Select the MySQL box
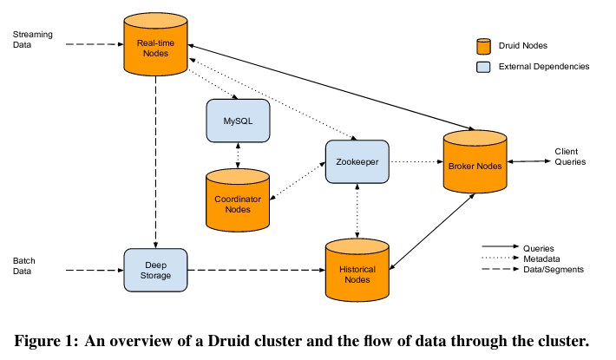238,120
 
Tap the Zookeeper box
356,160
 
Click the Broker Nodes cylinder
475,165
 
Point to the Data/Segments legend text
554,269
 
